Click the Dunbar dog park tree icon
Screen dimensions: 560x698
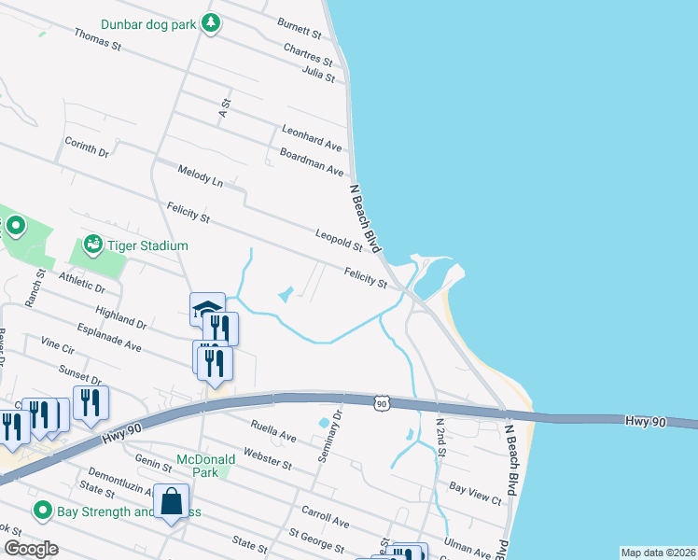211,23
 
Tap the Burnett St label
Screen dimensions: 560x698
299,27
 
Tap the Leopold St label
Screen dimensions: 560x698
339,240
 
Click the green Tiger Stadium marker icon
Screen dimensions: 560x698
92,245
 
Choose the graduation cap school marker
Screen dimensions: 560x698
207,309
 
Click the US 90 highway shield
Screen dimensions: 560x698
381,401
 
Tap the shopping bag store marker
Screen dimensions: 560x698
172,502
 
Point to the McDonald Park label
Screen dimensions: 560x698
197,467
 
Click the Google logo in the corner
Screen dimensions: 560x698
30,549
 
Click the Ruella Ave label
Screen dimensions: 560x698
272,430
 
